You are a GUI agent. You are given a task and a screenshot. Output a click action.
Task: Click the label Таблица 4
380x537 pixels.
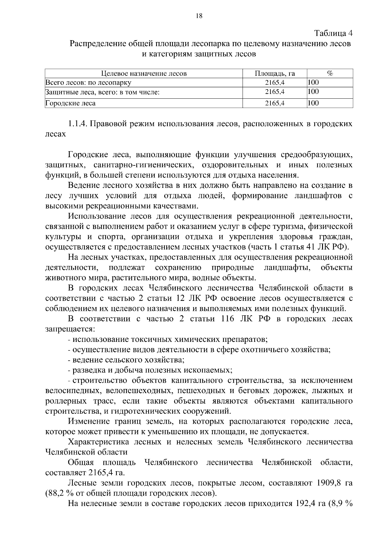click(333, 33)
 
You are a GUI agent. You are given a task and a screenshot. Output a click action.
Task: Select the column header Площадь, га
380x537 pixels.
click(275, 74)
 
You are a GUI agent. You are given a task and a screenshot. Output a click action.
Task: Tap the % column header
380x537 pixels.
click(330, 73)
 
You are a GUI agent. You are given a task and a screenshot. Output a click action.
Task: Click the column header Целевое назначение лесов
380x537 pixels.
click(144, 74)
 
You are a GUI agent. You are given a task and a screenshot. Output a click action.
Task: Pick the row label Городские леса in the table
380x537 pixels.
click(70, 103)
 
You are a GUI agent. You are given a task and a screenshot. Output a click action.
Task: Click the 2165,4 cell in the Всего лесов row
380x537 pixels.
click(275, 83)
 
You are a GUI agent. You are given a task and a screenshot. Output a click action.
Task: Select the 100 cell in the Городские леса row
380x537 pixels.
click(313, 103)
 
